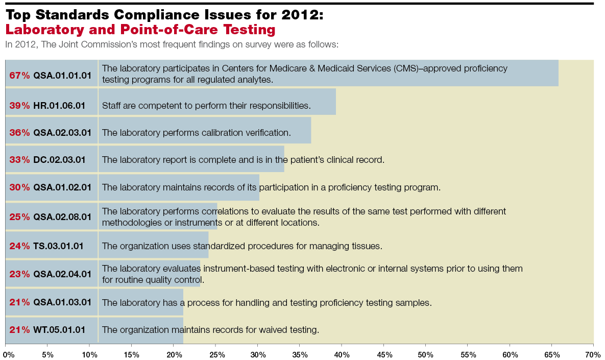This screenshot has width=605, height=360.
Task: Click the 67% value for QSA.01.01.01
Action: (x=19, y=76)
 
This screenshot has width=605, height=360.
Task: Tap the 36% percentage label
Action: (x=19, y=133)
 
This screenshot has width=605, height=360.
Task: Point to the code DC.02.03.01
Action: (x=59, y=160)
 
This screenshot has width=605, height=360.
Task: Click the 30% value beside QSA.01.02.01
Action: (x=19, y=187)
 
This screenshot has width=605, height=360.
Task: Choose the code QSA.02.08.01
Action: (x=62, y=217)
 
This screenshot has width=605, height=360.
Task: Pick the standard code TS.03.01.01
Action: (x=58, y=246)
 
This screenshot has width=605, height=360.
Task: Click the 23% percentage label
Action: (x=19, y=274)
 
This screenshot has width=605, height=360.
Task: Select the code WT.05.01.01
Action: (x=59, y=330)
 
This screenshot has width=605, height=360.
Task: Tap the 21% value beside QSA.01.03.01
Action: (x=19, y=302)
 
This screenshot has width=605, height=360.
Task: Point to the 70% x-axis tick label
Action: (x=592, y=354)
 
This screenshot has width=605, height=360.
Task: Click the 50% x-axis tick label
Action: (x=425, y=354)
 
